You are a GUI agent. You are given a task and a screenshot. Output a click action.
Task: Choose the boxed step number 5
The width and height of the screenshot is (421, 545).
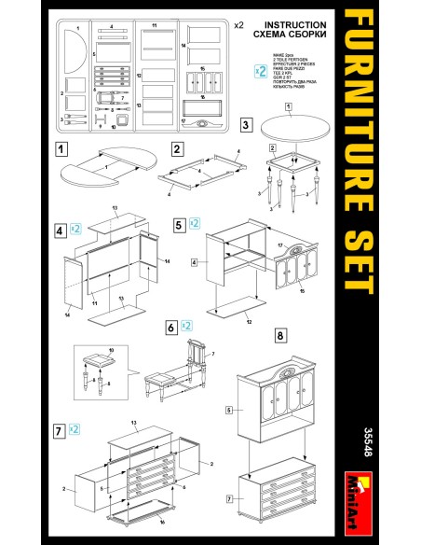pyautogui.click(x=179, y=225)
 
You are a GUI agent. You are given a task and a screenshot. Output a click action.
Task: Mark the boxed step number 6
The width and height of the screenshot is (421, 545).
pyautogui.click(x=171, y=327)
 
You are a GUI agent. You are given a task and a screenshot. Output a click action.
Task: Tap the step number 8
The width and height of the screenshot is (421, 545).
pyautogui.click(x=279, y=334)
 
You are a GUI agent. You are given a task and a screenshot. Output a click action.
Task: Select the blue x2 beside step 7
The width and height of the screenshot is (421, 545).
pyautogui.click(x=76, y=430)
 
